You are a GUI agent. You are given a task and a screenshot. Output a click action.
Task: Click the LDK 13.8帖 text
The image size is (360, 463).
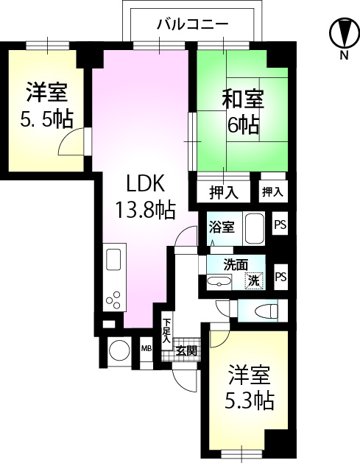[x=144, y=197]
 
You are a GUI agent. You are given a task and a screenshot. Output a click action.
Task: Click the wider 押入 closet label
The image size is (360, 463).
[x=224, y=193]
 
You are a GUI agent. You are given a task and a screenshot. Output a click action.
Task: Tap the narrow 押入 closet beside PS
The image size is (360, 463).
[x=272, y=192]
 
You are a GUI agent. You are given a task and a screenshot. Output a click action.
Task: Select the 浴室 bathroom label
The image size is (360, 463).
[x=221, y=227]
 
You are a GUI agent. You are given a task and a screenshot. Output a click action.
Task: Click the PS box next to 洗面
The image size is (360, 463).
[x=280, y=277]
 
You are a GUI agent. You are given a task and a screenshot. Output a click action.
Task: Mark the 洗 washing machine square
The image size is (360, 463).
[x=253, y=280]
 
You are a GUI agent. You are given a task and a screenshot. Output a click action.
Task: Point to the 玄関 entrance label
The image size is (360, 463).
[x=186, y=350]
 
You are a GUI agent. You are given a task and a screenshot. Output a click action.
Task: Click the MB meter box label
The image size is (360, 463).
[x=146, y=348]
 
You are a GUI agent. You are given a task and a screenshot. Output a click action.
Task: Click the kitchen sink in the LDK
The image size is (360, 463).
[x=114, y=261]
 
